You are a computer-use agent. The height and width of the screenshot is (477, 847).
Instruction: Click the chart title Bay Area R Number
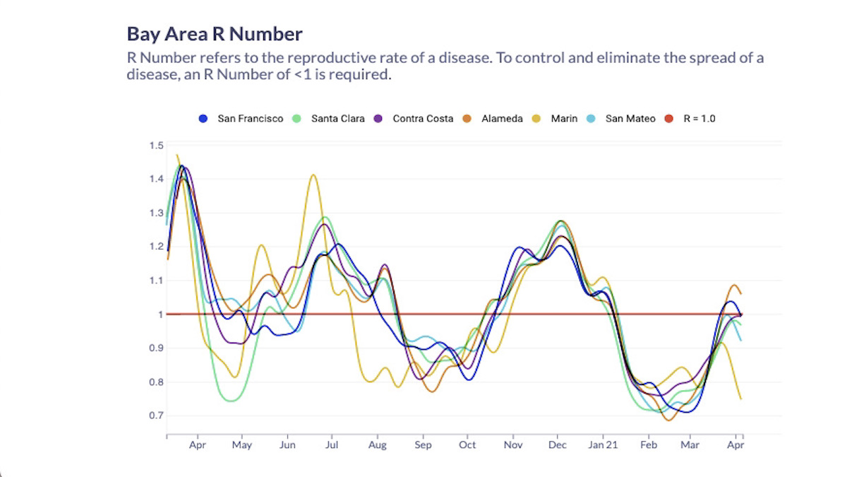pos(215,34)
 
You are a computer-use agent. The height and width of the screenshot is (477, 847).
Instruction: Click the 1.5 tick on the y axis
pos(156,146)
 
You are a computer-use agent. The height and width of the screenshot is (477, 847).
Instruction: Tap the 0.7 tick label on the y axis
pos(156,416)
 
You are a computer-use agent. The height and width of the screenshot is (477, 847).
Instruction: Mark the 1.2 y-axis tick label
pos(156,247)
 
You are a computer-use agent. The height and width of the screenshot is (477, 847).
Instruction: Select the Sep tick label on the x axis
pos(423,445)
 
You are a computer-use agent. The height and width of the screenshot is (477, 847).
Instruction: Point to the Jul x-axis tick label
pos(332,445)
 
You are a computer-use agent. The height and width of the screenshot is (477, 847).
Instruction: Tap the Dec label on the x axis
pos(558,445)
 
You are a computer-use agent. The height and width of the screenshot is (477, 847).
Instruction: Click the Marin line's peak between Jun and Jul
pos(313,175)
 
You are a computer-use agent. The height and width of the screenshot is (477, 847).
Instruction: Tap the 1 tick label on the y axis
pos(160,314)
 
